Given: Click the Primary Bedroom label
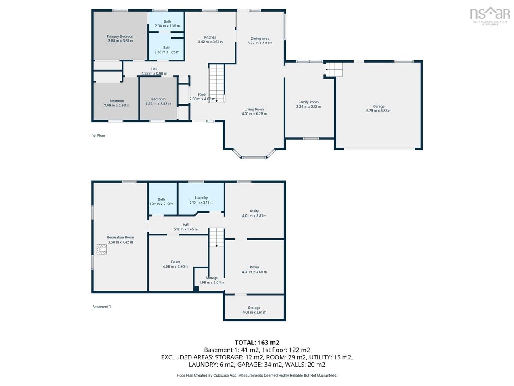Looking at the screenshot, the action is point(120,36).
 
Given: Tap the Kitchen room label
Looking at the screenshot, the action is point(210,37).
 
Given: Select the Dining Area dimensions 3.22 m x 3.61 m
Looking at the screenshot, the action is point(260,43).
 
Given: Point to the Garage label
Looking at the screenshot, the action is point(379,106).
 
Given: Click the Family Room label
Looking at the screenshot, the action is point(308,102).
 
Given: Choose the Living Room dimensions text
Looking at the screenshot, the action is point(254,114).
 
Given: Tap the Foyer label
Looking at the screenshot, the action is point(202,94).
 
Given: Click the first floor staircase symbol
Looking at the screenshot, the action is point(217,83).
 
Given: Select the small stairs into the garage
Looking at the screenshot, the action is point(334,69).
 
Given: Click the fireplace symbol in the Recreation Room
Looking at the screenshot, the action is point(102,249).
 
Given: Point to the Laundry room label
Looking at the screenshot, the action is point(201,198).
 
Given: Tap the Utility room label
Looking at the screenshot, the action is point(254,211).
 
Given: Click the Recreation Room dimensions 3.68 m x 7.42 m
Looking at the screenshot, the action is point(120,242).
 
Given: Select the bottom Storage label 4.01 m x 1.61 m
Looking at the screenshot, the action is point(254,310).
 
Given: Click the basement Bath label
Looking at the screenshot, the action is point(161,199).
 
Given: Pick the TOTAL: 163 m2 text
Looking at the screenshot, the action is point(257,342).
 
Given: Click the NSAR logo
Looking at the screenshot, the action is point(490,16).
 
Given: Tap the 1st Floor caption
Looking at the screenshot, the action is point(99,136).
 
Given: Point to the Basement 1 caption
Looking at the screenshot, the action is point(102,307).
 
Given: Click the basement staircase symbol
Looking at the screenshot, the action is point(217,237).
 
